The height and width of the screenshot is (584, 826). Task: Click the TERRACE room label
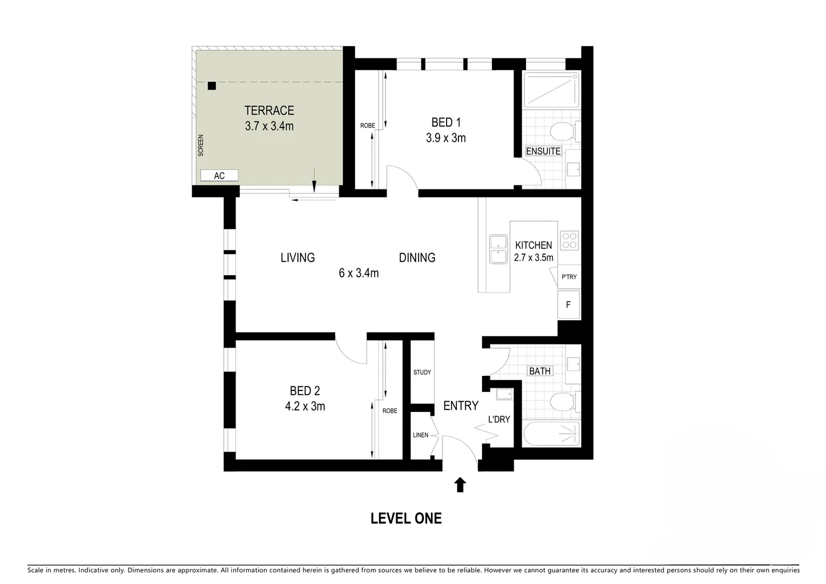269,111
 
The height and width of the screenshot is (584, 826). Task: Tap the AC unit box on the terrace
219,176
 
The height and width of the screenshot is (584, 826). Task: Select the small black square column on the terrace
212,85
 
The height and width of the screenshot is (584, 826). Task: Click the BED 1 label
446,123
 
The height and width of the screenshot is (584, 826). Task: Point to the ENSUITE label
543,151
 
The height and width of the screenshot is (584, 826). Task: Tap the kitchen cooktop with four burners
569,240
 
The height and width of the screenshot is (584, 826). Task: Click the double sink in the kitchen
498,249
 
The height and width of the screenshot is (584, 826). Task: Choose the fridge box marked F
569,305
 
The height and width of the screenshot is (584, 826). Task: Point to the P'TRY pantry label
569,277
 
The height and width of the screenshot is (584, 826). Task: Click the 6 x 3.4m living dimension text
358,273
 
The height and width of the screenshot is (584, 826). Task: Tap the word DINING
417,258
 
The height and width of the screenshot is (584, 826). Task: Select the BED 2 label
305,391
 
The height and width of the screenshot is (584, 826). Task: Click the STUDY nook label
422,372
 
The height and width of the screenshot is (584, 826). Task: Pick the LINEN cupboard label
421,435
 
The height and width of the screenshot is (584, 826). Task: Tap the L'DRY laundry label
498,419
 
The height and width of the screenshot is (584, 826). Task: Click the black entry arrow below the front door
460,485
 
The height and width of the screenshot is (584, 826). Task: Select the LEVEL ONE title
406,519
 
